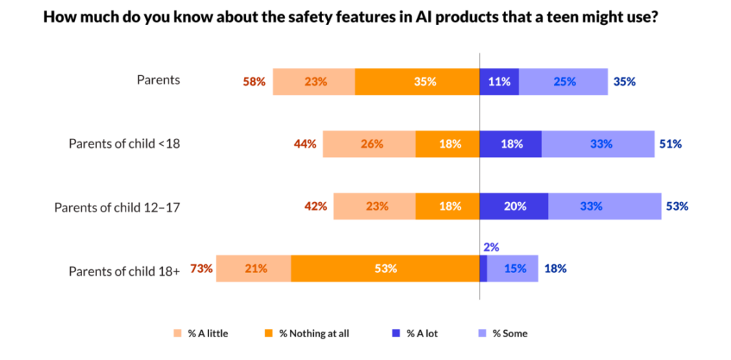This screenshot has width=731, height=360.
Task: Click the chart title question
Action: (x=351, y=17)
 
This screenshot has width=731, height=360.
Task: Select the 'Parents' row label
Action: (x=158, y=80)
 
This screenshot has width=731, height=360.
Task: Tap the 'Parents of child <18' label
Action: (x=124, y=143)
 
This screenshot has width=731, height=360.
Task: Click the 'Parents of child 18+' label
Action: (x=124, y=270)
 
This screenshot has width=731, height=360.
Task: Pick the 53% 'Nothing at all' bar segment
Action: (x=385, y=269)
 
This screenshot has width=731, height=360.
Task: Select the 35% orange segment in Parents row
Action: (x=417, y=81)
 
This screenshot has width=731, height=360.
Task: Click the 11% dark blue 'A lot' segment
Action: (x=499, y=81)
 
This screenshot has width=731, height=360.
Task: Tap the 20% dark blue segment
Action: (x=514, y=206)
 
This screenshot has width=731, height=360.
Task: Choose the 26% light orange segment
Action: (x=369, y=144)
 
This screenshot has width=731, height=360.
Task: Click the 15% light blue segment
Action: (x=513, y=269)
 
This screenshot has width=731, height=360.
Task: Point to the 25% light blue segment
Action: (x=563, y=81)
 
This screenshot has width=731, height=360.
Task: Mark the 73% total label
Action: (x=201, y=269)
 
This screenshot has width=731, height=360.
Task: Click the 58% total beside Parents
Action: (x=253, y=81)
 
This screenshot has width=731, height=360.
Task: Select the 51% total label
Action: (x=670, y=144)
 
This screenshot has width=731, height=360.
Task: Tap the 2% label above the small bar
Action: (x=491, y=247)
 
